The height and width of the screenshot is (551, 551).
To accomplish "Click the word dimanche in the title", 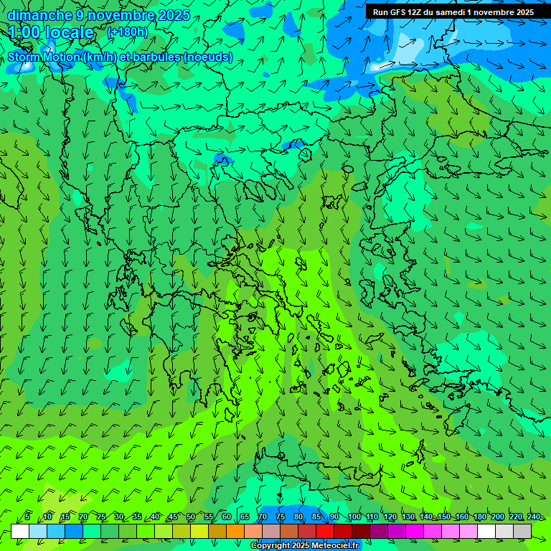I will point(39,15).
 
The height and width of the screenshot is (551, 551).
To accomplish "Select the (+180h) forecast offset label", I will point(127,32).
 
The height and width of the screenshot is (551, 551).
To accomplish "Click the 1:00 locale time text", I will point(51,33).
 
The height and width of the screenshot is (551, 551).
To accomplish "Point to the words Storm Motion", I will point(44,57).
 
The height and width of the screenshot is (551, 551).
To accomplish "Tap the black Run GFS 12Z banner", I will point(453,12).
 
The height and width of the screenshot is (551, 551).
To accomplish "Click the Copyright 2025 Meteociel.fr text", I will point(305,546).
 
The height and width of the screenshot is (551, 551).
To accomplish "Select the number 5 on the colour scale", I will point(27,517).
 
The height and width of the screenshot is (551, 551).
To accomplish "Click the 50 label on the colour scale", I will point(191,517).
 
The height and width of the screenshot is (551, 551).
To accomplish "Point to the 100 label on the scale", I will point(354,517).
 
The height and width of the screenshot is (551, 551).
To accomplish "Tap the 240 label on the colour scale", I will point(534,517).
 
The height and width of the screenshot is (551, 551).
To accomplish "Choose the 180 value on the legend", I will point(480,517).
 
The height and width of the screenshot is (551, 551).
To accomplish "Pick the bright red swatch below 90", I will point(325,531).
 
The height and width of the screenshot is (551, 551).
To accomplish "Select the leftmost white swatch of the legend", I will point(20,531).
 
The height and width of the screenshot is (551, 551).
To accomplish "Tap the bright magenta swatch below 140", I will point(415,531).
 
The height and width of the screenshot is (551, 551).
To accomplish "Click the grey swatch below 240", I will point(522,531).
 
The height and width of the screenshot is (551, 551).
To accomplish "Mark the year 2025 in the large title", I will point(174,15).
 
